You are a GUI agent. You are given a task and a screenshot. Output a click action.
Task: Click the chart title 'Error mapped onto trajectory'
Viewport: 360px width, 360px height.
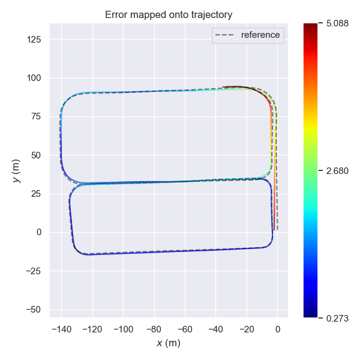[169, 14]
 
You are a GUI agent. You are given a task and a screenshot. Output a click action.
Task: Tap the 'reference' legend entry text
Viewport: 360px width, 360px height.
[260, 35]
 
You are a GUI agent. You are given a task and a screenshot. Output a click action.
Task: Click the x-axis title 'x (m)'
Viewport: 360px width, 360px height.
[169, 343]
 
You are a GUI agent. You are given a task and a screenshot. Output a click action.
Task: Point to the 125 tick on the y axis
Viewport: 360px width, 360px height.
[38, 40]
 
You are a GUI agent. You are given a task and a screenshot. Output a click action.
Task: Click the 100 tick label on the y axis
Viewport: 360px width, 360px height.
[38, 78]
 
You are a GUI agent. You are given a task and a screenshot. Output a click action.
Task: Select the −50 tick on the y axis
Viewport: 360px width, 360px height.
[38, 310]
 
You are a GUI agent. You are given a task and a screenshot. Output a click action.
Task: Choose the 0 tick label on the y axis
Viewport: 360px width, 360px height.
[42, 232]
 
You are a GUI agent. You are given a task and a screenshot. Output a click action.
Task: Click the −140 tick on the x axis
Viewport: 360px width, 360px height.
[61, 329]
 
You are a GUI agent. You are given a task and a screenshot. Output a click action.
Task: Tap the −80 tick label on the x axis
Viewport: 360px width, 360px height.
[154, 329]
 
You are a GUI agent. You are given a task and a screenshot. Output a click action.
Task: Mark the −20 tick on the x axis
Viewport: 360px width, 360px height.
[247, 329]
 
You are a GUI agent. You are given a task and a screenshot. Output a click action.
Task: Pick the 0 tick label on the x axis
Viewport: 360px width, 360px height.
[277, 329]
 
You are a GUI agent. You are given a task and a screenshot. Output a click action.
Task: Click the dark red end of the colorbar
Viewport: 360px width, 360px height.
[310, 27]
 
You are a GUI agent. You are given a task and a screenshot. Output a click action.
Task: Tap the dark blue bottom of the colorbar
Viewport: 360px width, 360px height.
[310, 313]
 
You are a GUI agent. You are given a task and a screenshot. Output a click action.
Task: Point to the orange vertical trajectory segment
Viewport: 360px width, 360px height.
[275, 180]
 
